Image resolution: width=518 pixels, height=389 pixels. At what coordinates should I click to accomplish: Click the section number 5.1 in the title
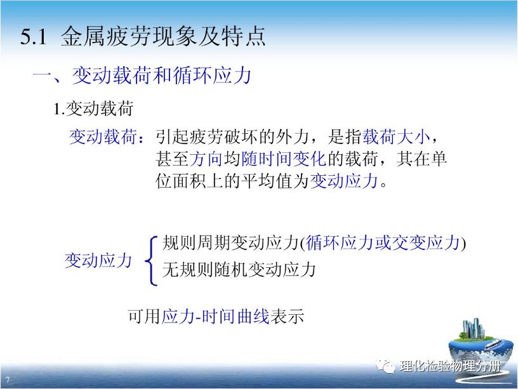pyautogui.click(x=34, y=36)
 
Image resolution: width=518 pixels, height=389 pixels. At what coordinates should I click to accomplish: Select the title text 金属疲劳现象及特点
pyautogui.click(x=163, y=36)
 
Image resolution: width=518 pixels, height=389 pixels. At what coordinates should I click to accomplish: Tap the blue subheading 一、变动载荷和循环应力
pyautogui.click(x=142, y=76)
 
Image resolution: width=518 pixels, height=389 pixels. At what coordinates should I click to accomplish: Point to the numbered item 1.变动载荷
pyautogui.click(x=93, y=109)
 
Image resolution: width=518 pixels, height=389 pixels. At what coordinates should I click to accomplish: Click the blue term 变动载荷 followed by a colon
pyautogui.click(x=107, y=136)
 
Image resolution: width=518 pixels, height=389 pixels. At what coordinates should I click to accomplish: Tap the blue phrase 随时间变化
pyautogui.click(x=284, y=159)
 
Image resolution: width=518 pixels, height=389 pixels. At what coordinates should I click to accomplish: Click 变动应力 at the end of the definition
pyautogui.click(x=343, y=181)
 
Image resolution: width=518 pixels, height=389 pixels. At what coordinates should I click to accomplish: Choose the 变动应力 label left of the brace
pyautogui.click(x=98, y=261)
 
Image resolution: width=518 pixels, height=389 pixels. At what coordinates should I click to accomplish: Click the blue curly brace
pyautogui.click(x=150, y=261)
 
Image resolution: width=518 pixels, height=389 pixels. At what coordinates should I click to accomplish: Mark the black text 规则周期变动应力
pyautogui.click(x=230, y=242)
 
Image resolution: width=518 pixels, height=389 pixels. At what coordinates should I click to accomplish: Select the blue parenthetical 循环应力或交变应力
pyautogui.click(x=383, y=242)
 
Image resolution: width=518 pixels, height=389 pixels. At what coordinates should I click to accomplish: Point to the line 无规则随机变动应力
pyautogui.click(x=239, y=270)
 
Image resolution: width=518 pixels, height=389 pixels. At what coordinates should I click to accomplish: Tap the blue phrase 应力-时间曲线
pyautogui.click(x=215, y=317)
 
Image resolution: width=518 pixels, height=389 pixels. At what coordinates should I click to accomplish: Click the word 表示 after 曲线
pyautogui.click(x=287, y=317)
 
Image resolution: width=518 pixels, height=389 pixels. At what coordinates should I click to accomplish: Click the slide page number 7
pyautogui.click(x=8, y=379)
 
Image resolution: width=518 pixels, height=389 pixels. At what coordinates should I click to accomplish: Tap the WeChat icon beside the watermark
pyautogui.click(x=385, y=366)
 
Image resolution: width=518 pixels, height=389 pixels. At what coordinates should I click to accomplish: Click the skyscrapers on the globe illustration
pyautogui.click(x=473, y=328)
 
